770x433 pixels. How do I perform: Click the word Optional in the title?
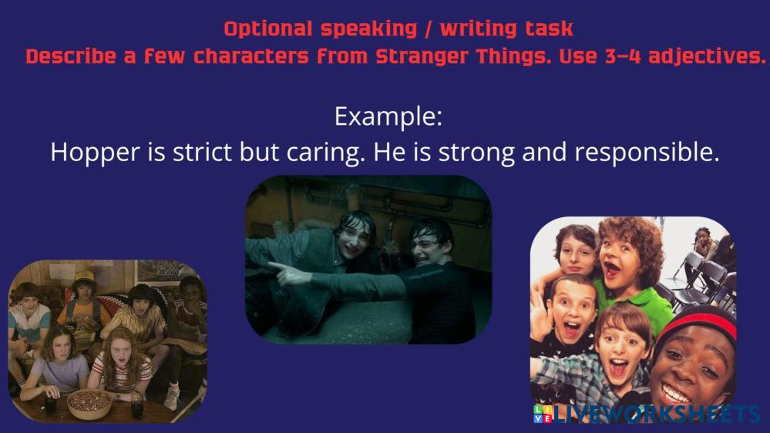(x=267, y=29)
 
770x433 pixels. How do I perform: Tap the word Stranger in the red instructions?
(x=422, y=57)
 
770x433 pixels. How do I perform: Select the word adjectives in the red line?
(x=707, y=57)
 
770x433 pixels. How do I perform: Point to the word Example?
(x=388, y=117)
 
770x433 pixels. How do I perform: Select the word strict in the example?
(x=203, y=152)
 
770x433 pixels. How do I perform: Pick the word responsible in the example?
(x=647, y=153)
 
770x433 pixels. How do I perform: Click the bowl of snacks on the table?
(x=89, y=402)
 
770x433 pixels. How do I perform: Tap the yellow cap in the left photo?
(x=84, y=277)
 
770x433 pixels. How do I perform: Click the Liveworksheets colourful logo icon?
(x=543, y=414)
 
